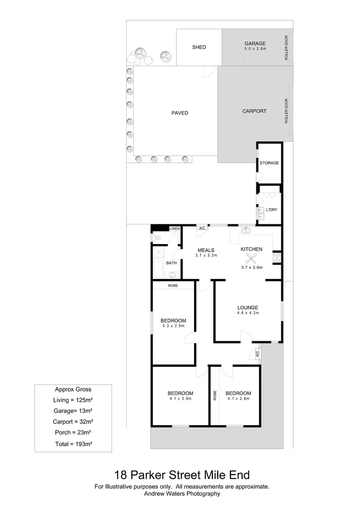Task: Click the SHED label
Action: (x=199, y=47)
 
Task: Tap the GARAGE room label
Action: (x=254, y=44)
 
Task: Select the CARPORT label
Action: (x=254, y=111)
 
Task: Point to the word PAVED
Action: (x=180, y=113)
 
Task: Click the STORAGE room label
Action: (x=269, y=163)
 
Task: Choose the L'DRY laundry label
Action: (x=272, y=209)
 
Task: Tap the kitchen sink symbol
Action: (x=245, y=230)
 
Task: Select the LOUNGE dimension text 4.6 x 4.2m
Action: (x=247, y=313)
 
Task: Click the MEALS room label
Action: (x=206, y=250)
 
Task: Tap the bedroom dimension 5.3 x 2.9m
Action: (x=173, y=326)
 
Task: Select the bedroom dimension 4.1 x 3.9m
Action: (x=180, y=399)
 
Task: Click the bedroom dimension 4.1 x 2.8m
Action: (x=238, y=399)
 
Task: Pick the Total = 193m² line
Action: (x=74, y=444)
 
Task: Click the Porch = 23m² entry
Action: (x=74, y=433)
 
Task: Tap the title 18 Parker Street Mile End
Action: (x=182, y=474)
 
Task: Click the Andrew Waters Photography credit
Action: (x=182, y=494)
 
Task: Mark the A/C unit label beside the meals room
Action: (x=202, y=229)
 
